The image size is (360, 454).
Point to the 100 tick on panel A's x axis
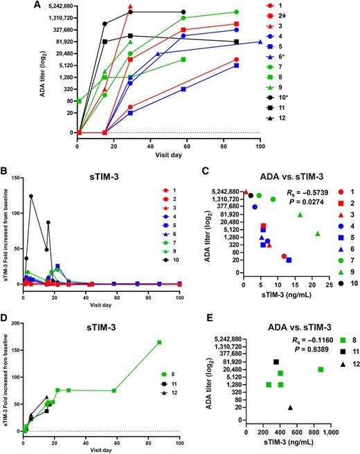click(x=260, y=141)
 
